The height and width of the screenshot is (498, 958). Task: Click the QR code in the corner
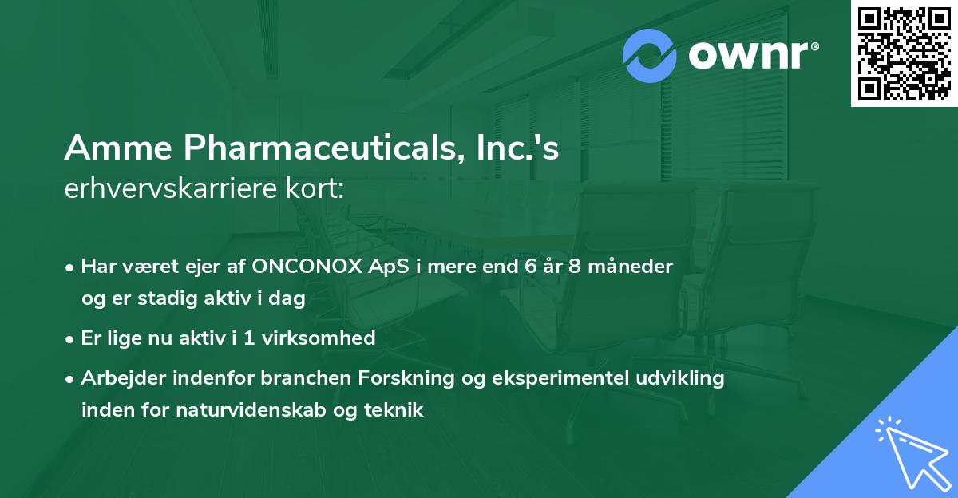(905, 53)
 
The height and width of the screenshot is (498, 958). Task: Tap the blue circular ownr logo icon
(650, 56)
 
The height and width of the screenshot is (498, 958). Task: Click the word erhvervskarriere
(159, 188)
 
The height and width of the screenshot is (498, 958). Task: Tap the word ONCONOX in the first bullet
(302, 266)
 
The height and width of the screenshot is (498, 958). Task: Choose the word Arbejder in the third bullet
(119, 377)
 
